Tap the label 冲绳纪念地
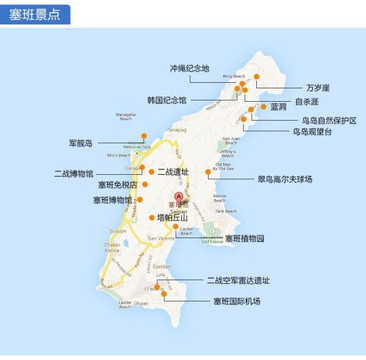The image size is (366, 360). [x=190, y=68]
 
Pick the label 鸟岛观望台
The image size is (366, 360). [x=311, y=131]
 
